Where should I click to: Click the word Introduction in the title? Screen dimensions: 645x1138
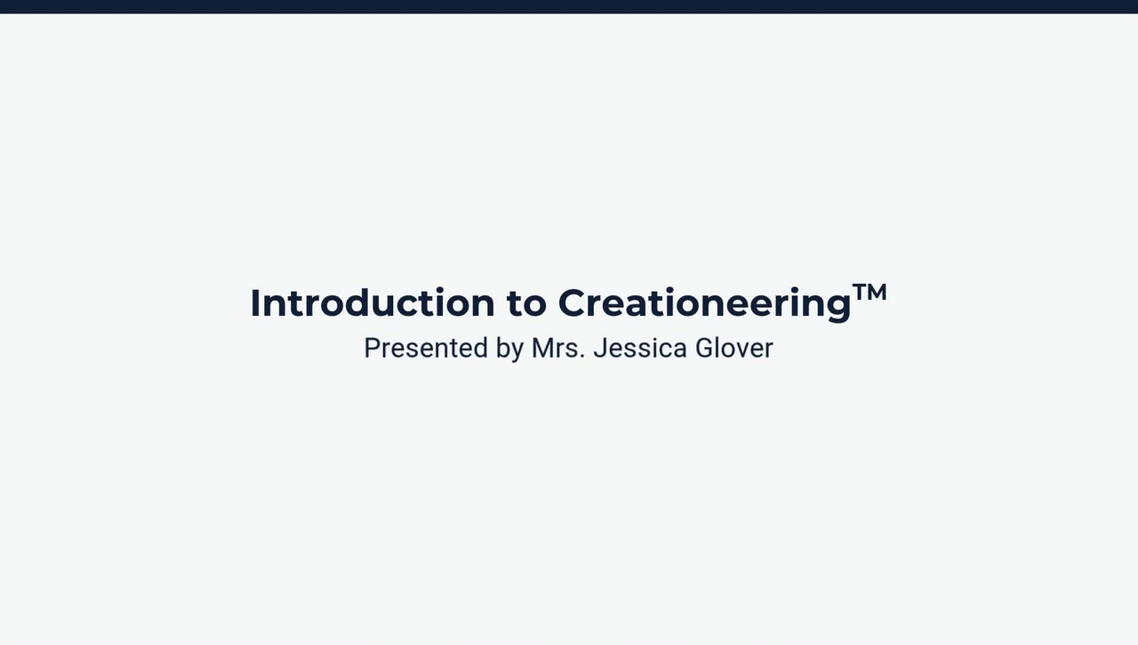[372, 303]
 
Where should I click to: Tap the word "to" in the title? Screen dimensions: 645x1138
[526, 303]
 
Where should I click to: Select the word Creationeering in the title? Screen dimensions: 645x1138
[704, 303]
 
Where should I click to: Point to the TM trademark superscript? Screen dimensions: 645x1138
[870, 292]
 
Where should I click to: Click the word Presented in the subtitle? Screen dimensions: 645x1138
[426, 348]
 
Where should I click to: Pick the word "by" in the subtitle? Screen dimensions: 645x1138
[509, 348]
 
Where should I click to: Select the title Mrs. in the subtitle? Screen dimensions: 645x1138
[557, 348]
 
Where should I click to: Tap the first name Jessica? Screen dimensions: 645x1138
[640, 348]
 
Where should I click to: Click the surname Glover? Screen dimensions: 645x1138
[733, 348]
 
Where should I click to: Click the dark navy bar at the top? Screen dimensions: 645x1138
[569, 6]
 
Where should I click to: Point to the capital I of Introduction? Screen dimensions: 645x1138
[255, 303]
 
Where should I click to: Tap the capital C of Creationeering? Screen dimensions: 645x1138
[574, 303]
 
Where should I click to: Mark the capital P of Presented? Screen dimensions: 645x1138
[372, 348]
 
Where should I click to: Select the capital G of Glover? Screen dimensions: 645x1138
[703, 348]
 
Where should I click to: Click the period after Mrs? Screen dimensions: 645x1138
[582, 357]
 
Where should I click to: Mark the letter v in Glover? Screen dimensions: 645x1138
[742, 350]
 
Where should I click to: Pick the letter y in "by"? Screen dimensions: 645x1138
[517, 351]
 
